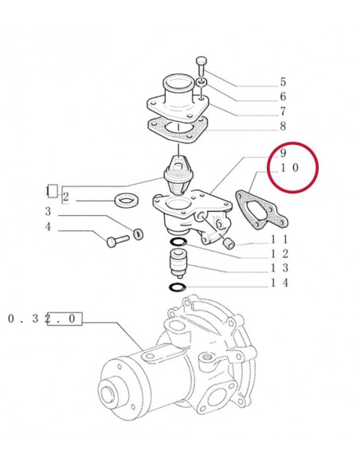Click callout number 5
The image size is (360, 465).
(x=283, y=82)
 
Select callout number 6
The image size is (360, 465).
(x=283, y=96)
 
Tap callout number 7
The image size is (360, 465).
(x=283, y=111)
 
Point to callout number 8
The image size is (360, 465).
(x=283, y=126)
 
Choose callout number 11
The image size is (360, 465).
(x=279, y=239)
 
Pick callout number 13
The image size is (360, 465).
(x=279, y=268)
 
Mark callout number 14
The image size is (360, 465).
(x=279, y=283)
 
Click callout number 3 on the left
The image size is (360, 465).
(x=48, y=212)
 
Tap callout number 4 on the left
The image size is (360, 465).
(x=48, y=227)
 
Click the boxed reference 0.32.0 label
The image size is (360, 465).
(x=41, y=318)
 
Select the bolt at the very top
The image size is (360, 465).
(x=202, y=65)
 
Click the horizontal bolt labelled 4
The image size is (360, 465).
(x=118, y=240)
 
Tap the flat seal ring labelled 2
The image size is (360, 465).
(x=127, y=201)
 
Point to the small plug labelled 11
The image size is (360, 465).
(x=229, y=244)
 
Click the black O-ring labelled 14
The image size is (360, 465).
(x=177, y=287)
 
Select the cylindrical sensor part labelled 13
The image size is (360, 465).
(x=178, y=264)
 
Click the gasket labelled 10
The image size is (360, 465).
(x=261, y=211)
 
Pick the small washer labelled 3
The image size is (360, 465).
(x=139, y=234)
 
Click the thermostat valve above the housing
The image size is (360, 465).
(x=178, y=175)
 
